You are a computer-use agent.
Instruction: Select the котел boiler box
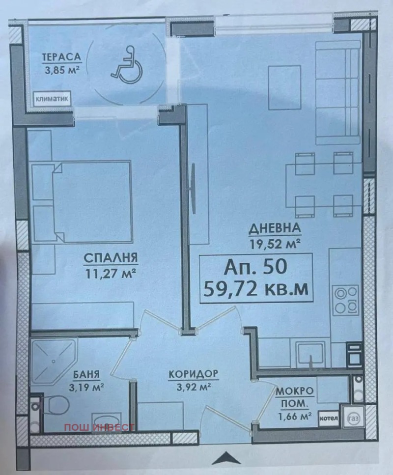coord(329,418)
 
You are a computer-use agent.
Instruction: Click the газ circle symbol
coord(353,418)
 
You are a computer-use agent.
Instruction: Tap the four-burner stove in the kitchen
coord(346,300)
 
